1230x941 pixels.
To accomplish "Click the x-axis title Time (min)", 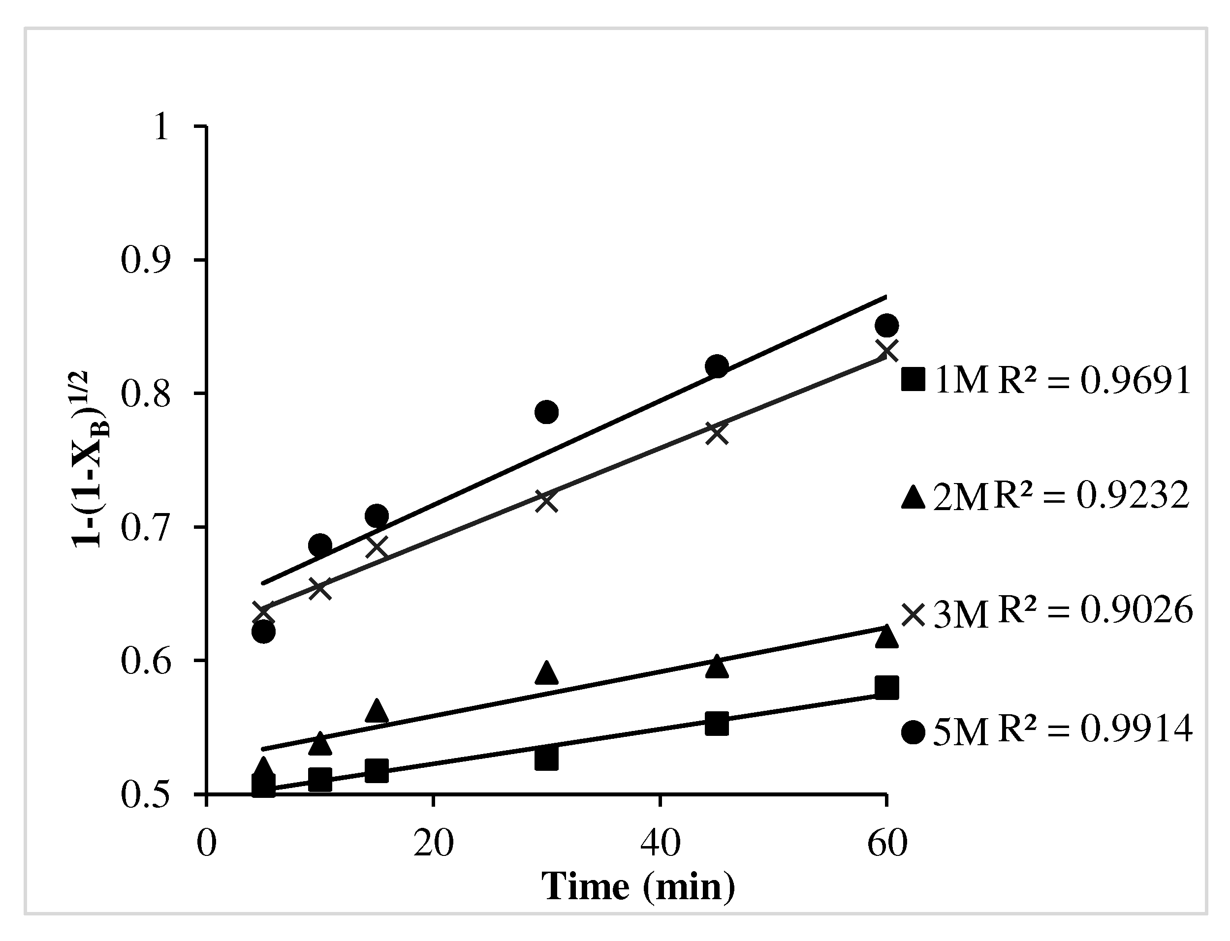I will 638,887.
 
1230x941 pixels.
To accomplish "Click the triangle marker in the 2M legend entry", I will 913,497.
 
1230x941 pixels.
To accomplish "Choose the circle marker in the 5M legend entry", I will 913,732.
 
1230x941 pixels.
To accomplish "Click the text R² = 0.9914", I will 1094,730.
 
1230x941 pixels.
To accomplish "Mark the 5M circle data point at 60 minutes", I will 886,326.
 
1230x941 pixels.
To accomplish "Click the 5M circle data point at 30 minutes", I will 546,412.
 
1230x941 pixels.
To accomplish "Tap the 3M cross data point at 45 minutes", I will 717,433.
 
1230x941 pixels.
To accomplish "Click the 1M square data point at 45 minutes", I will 717,724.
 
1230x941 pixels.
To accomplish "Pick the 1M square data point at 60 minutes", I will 886,687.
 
